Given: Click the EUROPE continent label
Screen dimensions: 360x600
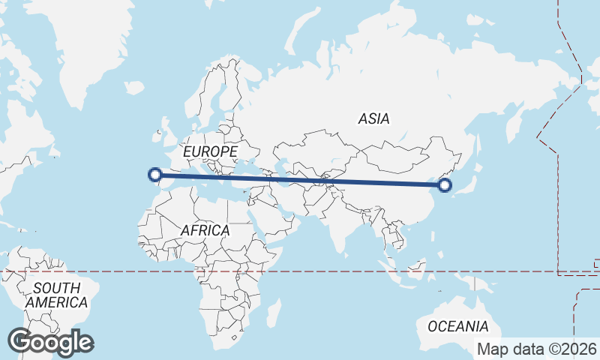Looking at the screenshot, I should [210, 151].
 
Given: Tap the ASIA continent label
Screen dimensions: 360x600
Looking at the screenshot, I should [373, 118].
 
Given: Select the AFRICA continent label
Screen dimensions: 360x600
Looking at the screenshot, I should [204, 230].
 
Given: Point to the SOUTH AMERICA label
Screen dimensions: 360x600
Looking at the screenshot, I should [56, 295].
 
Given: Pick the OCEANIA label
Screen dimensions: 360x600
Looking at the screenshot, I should [457, 326].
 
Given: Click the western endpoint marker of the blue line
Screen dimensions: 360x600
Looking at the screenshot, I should [155, 175].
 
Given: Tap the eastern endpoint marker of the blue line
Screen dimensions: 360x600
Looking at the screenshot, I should [444, 185].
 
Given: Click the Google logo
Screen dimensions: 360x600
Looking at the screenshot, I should [50, 342].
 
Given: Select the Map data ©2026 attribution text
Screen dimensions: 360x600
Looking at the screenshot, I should [537, 349].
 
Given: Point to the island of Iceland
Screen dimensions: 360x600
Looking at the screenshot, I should [134, 88].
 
